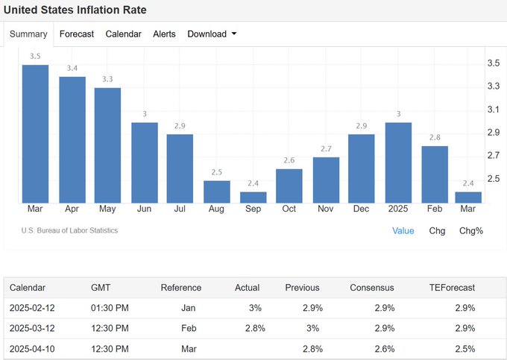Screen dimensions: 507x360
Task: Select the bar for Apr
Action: point(72,140)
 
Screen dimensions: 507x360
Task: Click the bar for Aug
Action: point(217,192)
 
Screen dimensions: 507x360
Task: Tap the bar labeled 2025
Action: point(398,163)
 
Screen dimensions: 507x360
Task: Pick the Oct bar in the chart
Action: point(289,186)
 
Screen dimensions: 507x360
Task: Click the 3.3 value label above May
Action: point(107,79)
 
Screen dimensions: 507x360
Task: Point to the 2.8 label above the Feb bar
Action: point(435,137)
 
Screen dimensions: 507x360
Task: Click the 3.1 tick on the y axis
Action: point(494,110)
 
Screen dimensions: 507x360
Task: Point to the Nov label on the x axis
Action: point(325,209)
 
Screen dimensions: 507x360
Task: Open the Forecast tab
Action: point(77,34)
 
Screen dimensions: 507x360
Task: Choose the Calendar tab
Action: point(123,34)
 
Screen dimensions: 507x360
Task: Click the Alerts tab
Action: point(164,34)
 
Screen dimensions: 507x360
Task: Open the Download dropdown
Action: point(212,34)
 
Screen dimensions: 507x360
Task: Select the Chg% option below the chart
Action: point(471,231)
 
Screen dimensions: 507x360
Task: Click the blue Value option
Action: point(403,231)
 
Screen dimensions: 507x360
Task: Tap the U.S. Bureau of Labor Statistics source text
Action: point(69,230)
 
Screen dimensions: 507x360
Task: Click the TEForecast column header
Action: point(452,288)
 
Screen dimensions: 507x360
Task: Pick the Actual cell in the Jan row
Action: point(255,308)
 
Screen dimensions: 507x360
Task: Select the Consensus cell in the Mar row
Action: point(385,349)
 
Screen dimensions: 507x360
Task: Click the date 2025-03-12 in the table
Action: point(32,329)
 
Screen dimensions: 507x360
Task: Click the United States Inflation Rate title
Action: point(75,10)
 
